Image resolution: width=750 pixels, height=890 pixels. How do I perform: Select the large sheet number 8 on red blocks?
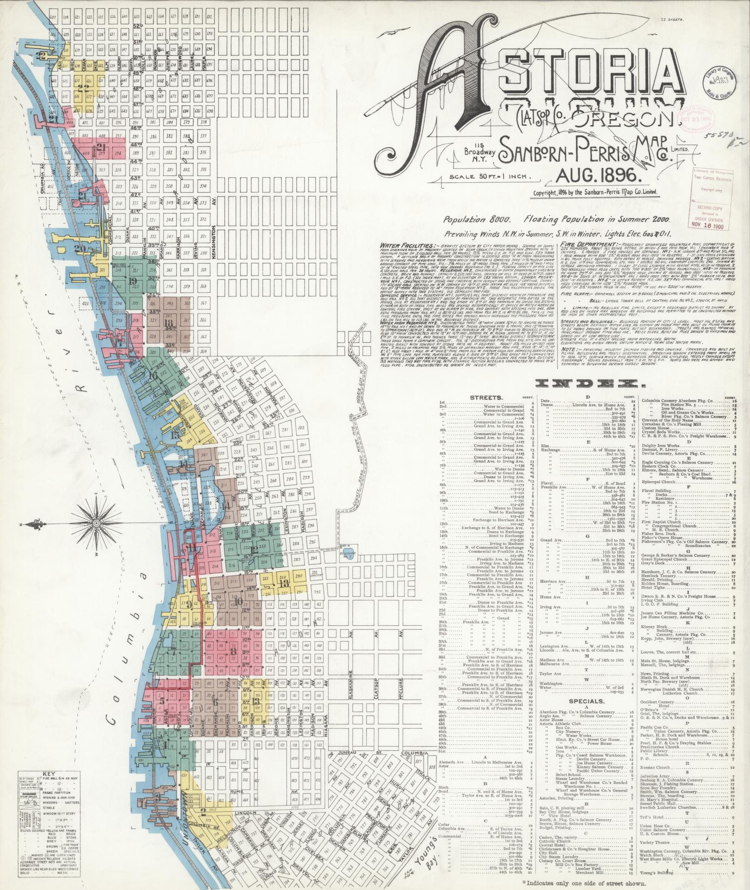[232, 652]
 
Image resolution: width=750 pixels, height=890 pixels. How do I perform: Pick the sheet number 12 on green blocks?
[253, 549]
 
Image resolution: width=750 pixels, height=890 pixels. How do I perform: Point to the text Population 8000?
[477, 218]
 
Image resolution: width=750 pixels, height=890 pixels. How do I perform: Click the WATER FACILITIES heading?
[408, 244]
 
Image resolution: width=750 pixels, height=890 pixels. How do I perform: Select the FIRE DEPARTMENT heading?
[588, 243]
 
